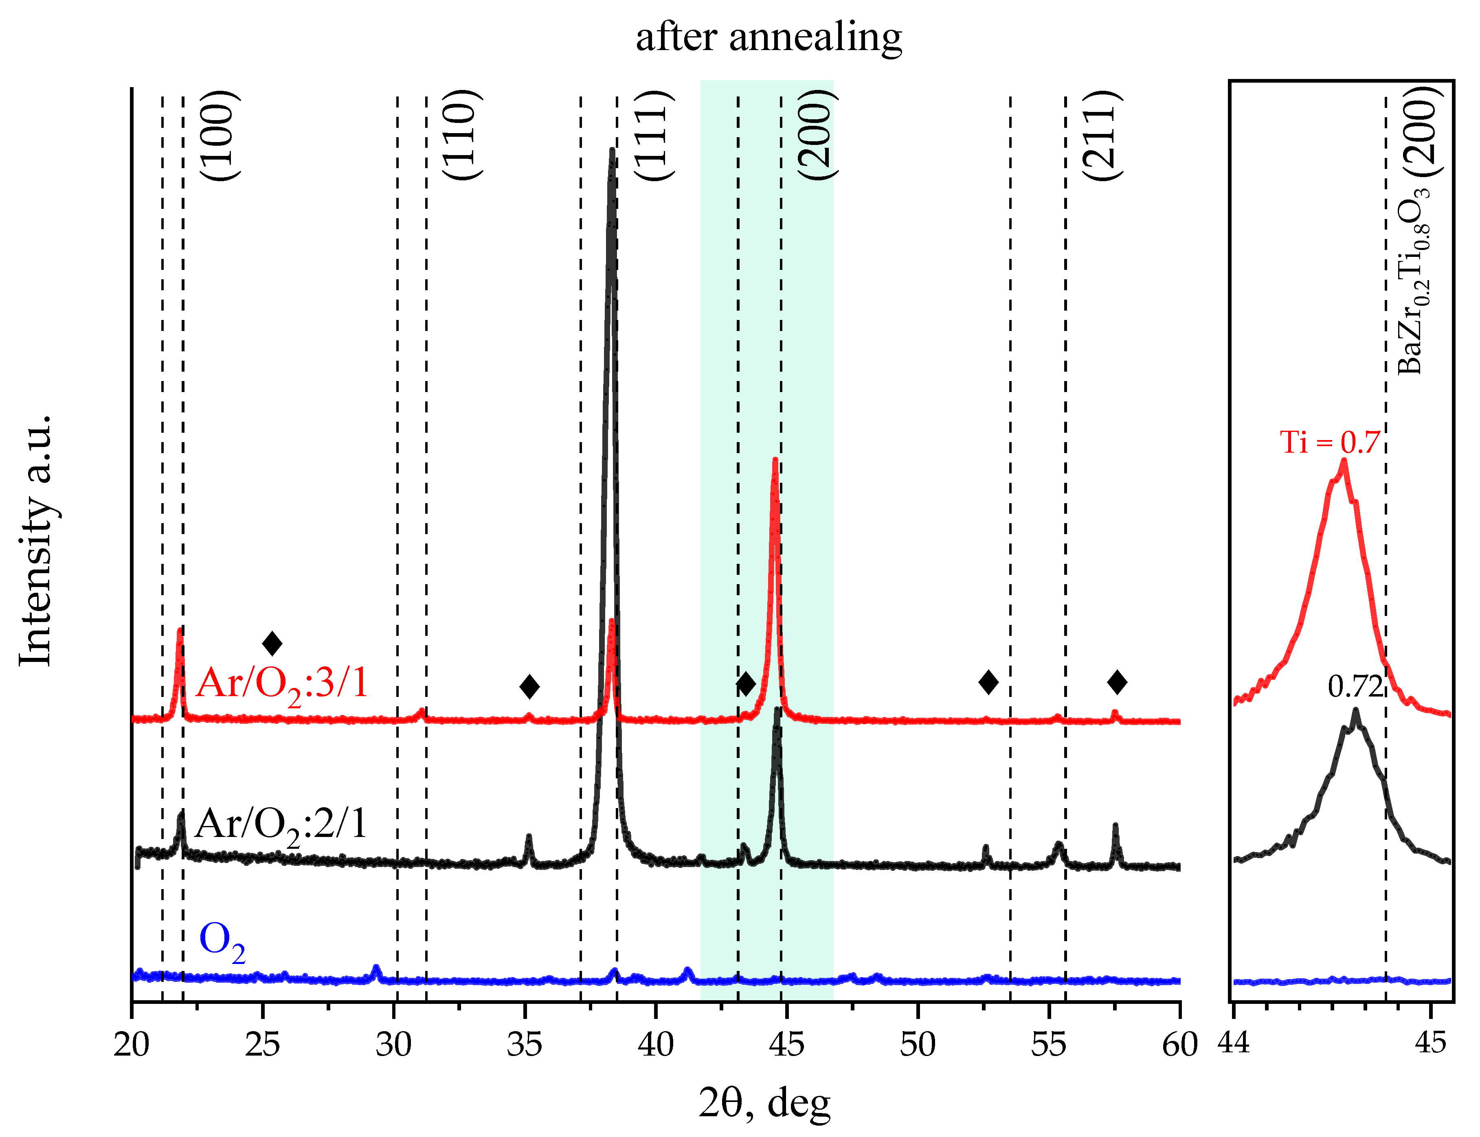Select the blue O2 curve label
pyautogui.click(x=222, y=942)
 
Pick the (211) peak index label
pyautogui.click(x=1102, y=135)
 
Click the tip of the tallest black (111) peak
pyautogui.click(x=612, y=150)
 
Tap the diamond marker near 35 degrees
pyautogui.click(x=529, y=686)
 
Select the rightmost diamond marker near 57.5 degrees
pyautogui.click(x=1117, y=682)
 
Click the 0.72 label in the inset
pyautogui.click(x=1355, y=687)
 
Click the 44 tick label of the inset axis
pyautogui.click(x=1234, y=1043)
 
